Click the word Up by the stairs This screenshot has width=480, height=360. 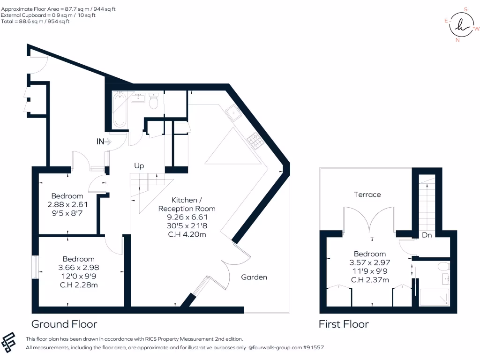pos(139,166)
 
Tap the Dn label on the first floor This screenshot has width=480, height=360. pos(427,235)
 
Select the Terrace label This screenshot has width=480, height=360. pos(367,194)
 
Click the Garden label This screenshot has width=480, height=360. pos(254,277)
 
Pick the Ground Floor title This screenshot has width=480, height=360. pos(64,324)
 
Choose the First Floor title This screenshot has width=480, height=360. pos(344,324)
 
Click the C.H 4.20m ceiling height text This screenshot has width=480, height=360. pos(187,234)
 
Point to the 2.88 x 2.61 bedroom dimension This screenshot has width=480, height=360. pos(67,204)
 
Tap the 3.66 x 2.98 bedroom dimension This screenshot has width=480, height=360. pos(79,267)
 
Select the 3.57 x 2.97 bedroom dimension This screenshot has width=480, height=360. pos(370,262)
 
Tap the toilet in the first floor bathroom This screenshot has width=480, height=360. pos(442,267)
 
